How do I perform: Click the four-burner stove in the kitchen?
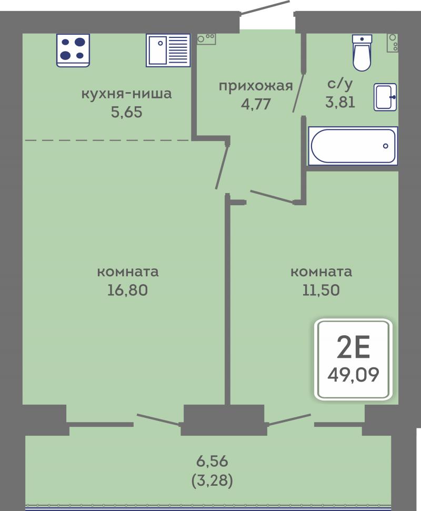tap(73, 51)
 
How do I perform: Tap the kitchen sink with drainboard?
tap(168, 51)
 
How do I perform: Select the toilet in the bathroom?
tap(362, 53)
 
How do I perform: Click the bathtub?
tap(353, 146)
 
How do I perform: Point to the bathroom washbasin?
tap(385, 97)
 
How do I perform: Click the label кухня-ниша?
tap(126, 94)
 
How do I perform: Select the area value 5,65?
tap(127, 113)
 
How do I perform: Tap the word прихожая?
tap(256, 86)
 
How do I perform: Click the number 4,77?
tap(256, 104)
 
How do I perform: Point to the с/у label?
tap(340, 84)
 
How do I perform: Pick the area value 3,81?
tap(340, 102)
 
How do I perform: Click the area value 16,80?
tap(128, 290)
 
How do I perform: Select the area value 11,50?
tap(321, 290)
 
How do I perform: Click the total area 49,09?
tap(353, 375)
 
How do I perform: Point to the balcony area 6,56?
tap(212, 462)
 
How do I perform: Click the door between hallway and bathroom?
tap(299, 93)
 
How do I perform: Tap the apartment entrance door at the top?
tap(265, 7)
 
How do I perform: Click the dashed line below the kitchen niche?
tap(107, 140)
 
